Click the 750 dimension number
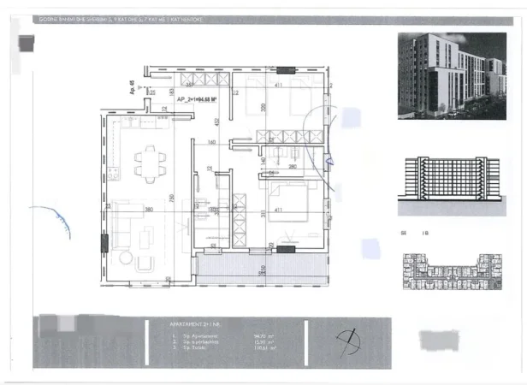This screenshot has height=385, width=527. (x=172, y=199)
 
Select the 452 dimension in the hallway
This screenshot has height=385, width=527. (x=217, y=121)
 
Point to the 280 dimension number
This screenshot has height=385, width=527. (x=292, y=167)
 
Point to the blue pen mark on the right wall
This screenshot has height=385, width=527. (x=329, y=157)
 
